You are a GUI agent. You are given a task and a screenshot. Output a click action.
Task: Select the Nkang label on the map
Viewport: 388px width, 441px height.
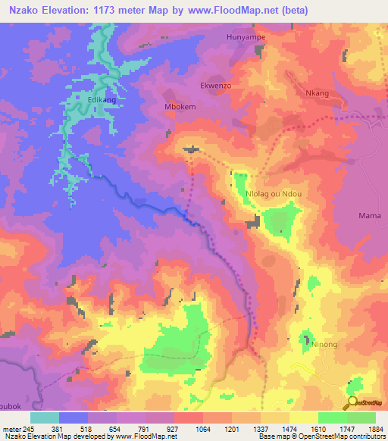pos(317,93)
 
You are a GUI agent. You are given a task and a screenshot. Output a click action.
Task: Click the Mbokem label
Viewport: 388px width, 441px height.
pos(180,107)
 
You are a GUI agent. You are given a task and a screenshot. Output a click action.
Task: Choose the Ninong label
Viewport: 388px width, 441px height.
pos(324,344)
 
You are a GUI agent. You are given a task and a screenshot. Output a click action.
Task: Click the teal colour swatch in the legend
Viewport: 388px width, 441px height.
pos(45,418)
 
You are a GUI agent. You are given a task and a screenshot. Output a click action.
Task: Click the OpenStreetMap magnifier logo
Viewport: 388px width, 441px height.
pos(352,403)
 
